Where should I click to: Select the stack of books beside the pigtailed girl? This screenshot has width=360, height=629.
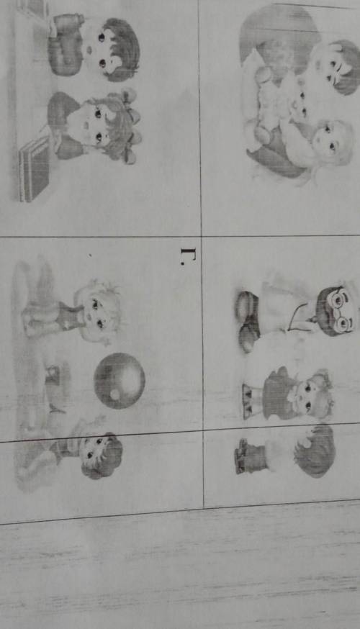pos(35,168)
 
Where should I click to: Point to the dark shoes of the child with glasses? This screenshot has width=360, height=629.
pos(248,322)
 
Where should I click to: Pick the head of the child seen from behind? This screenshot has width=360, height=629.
pos(315,451)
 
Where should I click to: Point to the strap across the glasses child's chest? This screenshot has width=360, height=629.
pos(300,317)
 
